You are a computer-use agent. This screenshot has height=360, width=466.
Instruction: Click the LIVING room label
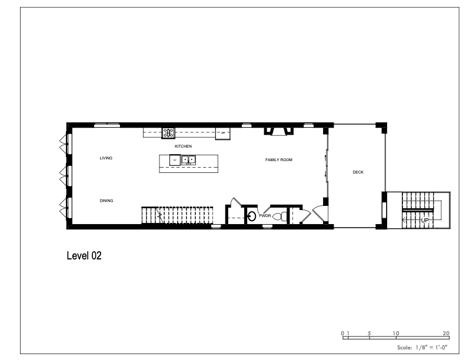click(x=106, y=158)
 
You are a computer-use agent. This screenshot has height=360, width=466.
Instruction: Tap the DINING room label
click(x=106, y=201)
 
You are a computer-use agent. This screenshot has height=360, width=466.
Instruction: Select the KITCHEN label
click(x=183, y=146)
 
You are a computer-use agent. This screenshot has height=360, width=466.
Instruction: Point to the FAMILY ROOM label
click(x=279, y=160)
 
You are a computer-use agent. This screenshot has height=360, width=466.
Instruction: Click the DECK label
click(x=358, y=172)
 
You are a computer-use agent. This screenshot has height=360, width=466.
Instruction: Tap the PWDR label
click(x=265, y=216)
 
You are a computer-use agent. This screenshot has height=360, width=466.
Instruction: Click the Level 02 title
click(x=84, y=256)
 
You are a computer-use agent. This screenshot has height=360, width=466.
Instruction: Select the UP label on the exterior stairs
click(x=425, y=221)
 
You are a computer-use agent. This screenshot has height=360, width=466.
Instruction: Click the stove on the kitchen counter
click(x=168, y=133)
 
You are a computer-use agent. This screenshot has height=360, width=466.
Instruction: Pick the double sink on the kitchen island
click(x=189, y=160)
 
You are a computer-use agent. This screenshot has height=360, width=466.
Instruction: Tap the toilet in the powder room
click(x=279, y=217)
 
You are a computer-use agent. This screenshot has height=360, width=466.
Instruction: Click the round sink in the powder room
click(x=252, y=216)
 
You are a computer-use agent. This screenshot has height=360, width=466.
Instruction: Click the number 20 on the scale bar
click(x=446, y=334)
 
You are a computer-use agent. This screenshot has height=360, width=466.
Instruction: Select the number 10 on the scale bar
click(x=396, y=334)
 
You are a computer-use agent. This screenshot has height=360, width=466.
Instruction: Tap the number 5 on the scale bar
click(x=369, y=334)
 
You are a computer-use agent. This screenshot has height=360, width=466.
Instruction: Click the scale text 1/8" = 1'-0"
click(x=431, y=347)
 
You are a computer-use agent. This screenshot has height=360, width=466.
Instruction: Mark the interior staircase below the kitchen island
click(x=178, y=215)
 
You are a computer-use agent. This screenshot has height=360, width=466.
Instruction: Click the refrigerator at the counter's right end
click(x=223, y=134)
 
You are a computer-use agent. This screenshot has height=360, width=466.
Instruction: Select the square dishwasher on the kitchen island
click(x=175, y=160)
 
